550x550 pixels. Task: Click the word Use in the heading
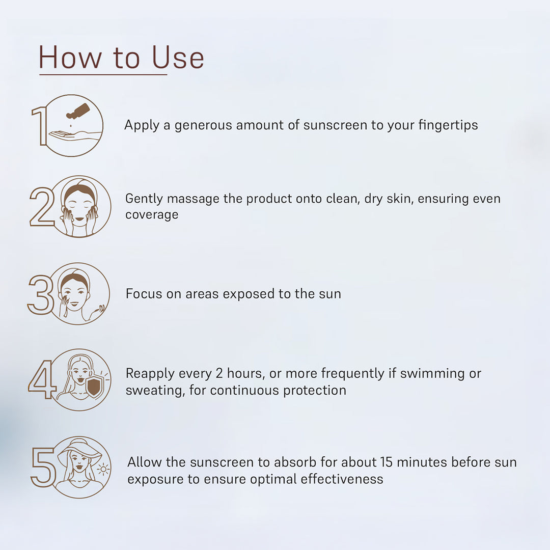click(x=178, y=57)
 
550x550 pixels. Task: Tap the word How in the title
click(x=70, y=57)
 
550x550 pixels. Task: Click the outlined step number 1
click(x=39, y=126)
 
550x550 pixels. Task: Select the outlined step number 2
click(x=42, y=206)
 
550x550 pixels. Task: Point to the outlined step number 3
click(x=41, y=294)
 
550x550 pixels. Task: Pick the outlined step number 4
click(x=42, y=379)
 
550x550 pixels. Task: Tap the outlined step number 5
click(x=43, y=467)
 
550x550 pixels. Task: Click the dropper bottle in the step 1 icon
click(x=78, y=111)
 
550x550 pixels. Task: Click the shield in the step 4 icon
click(x=94, y=387)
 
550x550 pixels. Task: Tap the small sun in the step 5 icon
click(x=103, y=469)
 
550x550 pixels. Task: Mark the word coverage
click(x=152, y=215)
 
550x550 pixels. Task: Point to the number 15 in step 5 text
click(x=386, y=462)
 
